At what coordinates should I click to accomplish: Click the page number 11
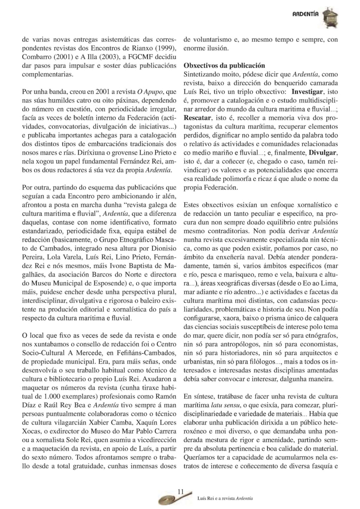[x=181, y=491]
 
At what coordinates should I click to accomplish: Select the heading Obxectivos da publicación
[x=224, y=66]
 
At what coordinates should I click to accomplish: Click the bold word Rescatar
[x=198, y=118]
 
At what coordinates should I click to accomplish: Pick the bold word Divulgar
[x=323, y=153]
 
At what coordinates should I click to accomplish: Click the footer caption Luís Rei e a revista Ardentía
[x=225, y=499]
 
